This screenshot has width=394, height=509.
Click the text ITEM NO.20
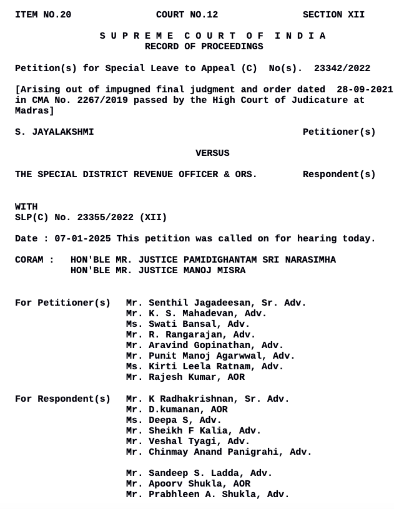(43, 14)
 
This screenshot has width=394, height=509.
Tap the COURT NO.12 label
(187, 14)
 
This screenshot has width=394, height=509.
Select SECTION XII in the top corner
(333, 14)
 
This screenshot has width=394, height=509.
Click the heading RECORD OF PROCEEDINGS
(204, 47)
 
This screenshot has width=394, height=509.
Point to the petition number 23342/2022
(342, 68)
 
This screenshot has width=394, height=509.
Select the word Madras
(32, 110)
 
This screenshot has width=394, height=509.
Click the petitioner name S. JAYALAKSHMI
(54, 132)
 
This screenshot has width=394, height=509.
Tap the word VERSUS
(212, 153)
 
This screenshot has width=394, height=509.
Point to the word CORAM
(29, 260)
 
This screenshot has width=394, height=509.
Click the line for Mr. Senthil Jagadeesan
(216, 303)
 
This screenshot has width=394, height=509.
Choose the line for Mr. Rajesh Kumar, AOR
(185, 377)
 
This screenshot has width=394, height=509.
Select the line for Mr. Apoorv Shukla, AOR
(188, 484)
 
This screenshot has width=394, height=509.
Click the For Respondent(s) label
(62, 399)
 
